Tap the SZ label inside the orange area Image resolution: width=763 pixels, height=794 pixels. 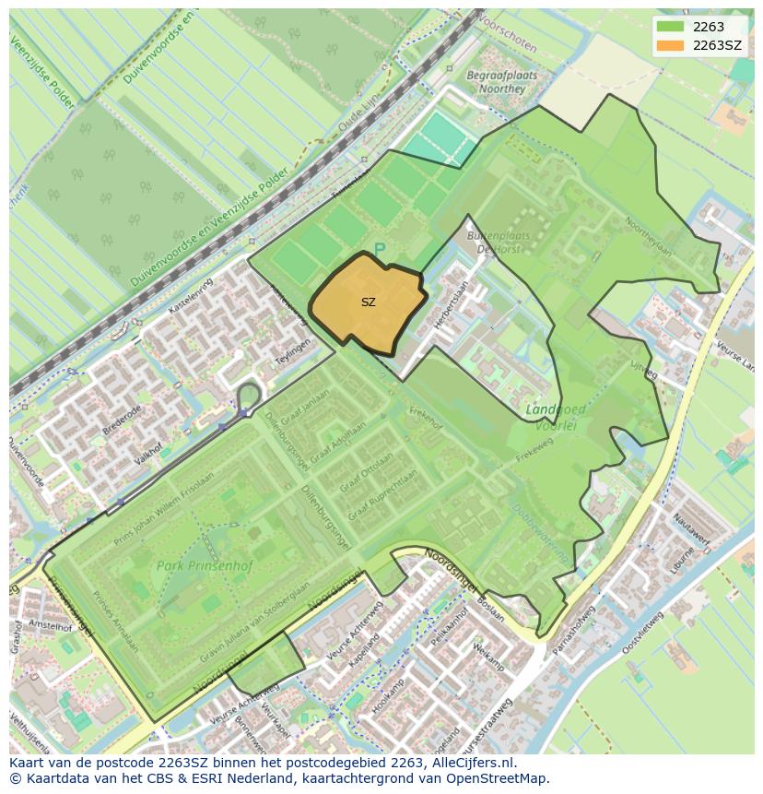[368, 302]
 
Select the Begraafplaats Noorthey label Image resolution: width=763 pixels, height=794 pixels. [496, 82]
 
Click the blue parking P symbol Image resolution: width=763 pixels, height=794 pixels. [379, 251]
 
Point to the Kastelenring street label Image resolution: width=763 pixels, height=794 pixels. [189, 295]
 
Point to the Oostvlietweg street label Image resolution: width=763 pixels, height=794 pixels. [642, 634]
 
